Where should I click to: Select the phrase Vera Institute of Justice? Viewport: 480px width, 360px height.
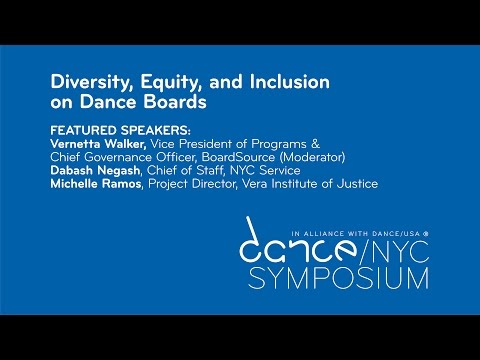[x=324, y=183]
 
